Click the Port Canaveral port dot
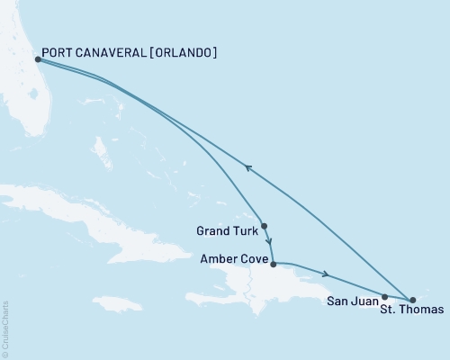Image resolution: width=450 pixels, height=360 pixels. tap(36, 60)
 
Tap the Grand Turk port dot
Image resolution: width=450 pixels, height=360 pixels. tap(264, 226)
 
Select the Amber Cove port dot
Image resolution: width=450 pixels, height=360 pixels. tap(273, 264)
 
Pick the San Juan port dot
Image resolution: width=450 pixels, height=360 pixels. tap(384, 296)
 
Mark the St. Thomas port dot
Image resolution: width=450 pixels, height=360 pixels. tap(412, 300)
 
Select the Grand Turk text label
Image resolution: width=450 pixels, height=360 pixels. tap(225, 231)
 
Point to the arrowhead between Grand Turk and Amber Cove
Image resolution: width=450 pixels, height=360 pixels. tap(269, 241)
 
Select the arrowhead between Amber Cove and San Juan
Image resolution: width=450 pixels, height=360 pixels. tap(326, 274)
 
